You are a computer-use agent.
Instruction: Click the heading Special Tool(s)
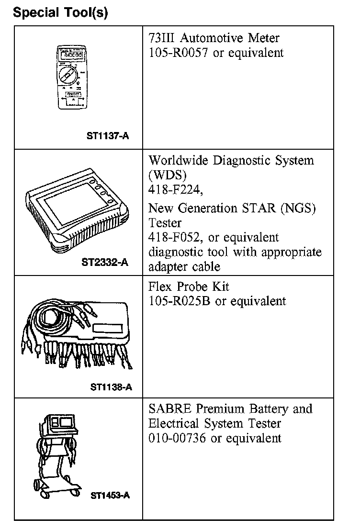61,12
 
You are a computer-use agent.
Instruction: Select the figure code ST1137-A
108,136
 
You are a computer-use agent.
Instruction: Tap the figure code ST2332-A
105,263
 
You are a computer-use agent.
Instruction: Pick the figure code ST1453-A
110,496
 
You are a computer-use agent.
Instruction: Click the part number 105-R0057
179,53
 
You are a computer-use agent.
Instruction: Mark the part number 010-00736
177,438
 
